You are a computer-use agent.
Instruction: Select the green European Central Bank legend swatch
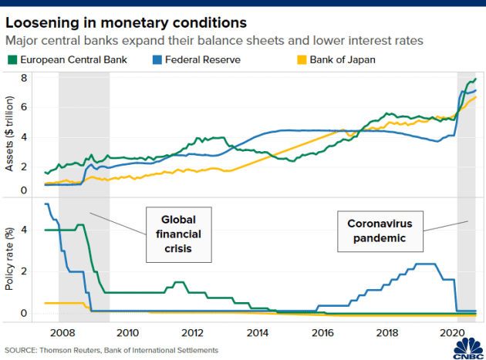[x=12, y=59]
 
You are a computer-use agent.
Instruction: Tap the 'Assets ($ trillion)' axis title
[x=9, y=136]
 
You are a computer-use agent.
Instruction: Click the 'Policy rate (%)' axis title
[x=9, y=257]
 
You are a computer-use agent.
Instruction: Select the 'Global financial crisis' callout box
[x=179, y=230]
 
